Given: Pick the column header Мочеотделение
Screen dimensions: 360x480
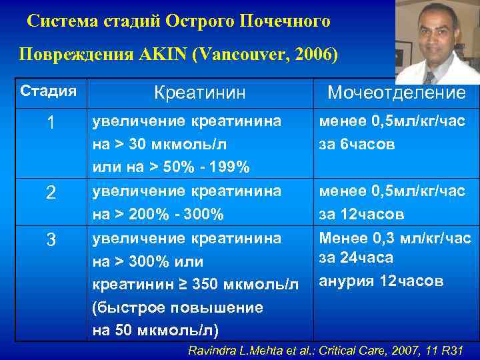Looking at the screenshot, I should click(396, 93).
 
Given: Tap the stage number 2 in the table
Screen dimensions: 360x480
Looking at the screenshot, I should click(51, 193).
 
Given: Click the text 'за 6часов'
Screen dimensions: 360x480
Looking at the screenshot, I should click(357, 144).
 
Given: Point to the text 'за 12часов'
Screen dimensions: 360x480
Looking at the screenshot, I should click(361, 215).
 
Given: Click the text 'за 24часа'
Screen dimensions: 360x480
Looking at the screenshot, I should click(357, 257).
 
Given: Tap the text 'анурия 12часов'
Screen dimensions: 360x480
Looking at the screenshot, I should click(381, 281).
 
